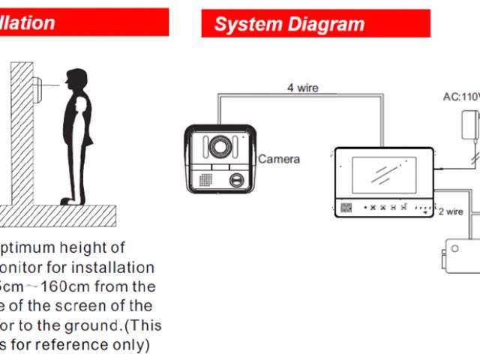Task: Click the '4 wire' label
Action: [302, 88]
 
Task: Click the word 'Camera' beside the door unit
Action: [279, 159]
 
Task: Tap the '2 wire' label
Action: [451, 211]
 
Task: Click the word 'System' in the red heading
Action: [241, 24]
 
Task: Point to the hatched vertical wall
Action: [21, 135]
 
